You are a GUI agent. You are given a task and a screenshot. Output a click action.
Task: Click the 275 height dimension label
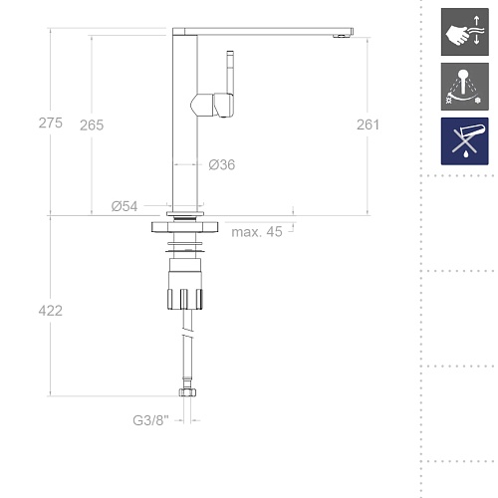51,123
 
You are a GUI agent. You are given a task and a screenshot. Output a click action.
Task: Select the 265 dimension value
92,125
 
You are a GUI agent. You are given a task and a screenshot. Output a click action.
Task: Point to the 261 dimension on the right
368,124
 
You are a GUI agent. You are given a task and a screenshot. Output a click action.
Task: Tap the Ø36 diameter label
222,164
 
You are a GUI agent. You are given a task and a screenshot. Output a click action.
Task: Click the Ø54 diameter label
124,206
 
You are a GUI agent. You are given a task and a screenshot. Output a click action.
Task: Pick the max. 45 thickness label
257,232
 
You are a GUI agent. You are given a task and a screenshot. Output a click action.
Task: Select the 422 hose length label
51,311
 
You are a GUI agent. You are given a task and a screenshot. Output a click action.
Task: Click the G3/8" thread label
150,420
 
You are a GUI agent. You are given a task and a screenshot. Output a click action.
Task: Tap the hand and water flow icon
465,32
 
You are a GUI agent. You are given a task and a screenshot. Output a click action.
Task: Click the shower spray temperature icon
465,87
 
